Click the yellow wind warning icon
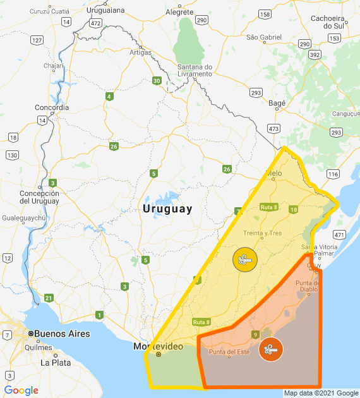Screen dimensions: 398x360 [243, 260]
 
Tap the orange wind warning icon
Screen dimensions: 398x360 [270, 349]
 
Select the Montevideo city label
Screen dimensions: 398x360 [158, 347]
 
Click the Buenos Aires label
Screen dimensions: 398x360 [61, 334]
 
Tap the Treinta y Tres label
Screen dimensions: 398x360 [262, 233]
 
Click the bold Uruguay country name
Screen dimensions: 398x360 [167, 209]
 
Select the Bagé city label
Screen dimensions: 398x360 [277, 102]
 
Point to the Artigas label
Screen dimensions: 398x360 [141, 52]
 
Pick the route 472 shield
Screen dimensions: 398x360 [96, 23]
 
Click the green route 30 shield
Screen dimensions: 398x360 [157, 80]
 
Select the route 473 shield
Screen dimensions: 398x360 [273, 128]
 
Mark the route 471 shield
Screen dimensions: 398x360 [340, 234]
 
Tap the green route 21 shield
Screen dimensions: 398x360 [49, 298]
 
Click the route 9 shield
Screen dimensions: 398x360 [255, 334]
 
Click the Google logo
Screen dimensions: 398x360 [21, 390]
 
